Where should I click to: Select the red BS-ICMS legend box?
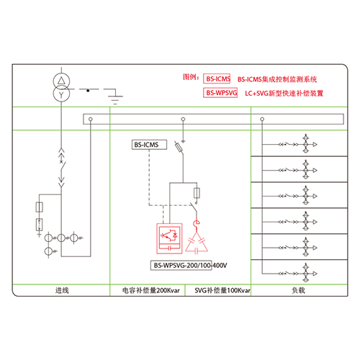tap(217, 78)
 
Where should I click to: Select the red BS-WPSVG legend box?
tap(220, 93)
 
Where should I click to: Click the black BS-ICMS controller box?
tap(149, 145)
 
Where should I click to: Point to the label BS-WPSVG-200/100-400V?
tap(190, 266)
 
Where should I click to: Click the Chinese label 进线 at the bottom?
tap(62, 290)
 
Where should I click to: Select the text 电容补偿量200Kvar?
tap(151, 291)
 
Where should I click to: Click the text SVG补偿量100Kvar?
tap(222, 291)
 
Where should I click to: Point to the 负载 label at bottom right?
tap(298, 290)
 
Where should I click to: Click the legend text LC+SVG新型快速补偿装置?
tap(284, 93)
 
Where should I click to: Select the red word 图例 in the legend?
tap(189, 77)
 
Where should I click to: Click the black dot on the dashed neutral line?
tap(88, 91)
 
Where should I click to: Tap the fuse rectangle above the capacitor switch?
tap(197, 193)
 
